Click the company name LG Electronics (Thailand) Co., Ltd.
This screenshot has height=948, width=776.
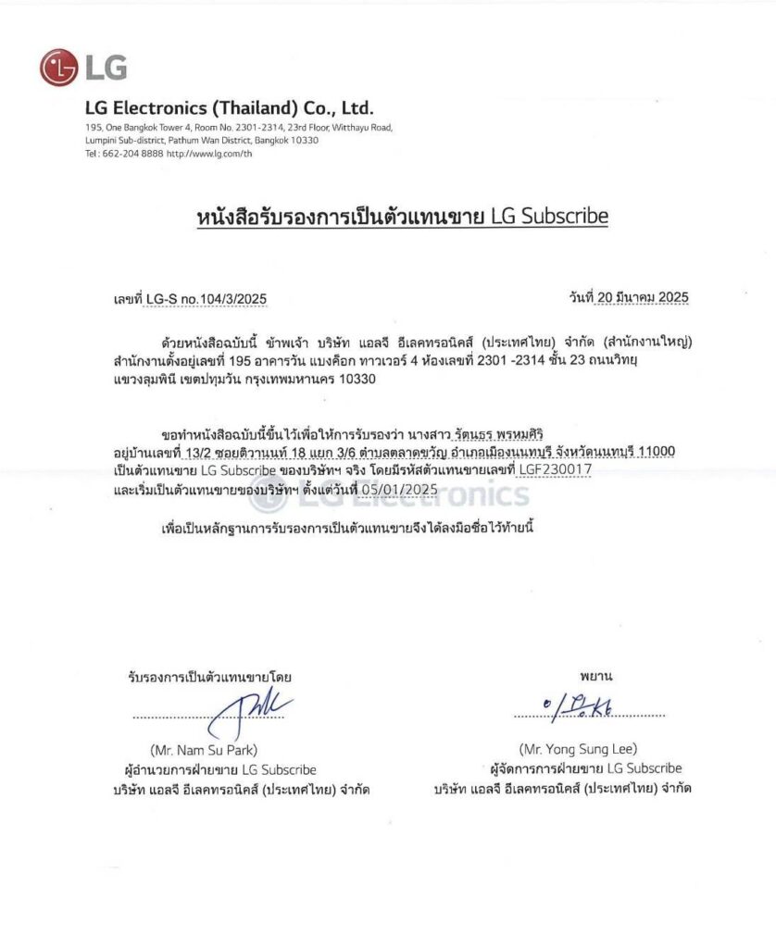coord(229,107)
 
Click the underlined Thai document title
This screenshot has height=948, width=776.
coord(402,217)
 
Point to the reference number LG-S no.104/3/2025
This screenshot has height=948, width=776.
coord(206,299)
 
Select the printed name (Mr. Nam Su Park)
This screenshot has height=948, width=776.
coord(203,749)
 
